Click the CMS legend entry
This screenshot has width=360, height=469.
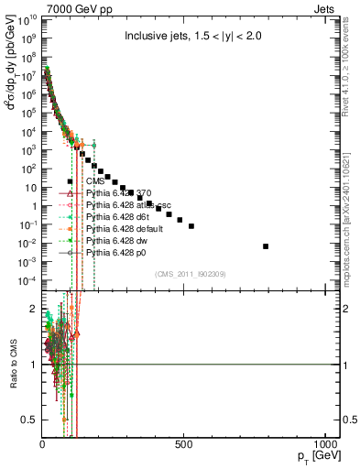pyautogui.click(x=95, y=181)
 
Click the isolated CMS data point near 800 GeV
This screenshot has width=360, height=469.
pyautogui.click(x=266, y=245)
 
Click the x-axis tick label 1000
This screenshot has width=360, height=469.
pyautogui.click(x=326, y=445)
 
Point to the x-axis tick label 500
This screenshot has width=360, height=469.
pyautogui.click(x=184, y=445)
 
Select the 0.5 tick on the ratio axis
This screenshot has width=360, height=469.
pyautogui.click(x=29, y=420)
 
